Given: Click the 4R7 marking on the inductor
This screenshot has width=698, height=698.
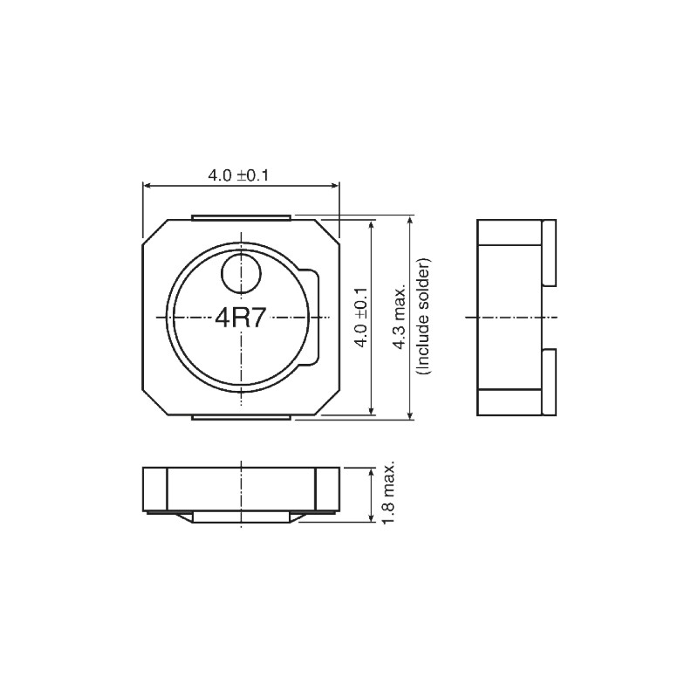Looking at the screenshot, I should coord(241,318).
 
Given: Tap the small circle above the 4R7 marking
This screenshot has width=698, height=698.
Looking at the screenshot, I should coord(241,276).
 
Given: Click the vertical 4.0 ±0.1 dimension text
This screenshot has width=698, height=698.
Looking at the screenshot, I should coord(359,317).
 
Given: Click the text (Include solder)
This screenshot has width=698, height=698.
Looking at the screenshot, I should coord(423,317).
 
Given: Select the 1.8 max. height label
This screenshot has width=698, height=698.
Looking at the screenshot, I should coord(389,494).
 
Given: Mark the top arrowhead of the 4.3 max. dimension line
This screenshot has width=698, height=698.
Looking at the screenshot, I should coord(411,219).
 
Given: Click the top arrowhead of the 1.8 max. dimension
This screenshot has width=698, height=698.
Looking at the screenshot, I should coord(373,472).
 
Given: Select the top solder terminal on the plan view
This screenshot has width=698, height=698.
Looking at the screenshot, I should coord(241,216).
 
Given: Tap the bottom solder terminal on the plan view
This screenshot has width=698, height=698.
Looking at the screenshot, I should coord(241,419).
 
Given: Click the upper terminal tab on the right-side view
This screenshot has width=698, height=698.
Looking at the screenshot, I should coord(549,252).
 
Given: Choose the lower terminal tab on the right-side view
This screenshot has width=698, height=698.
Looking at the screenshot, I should coord(549,381).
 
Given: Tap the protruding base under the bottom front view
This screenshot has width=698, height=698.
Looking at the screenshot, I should coord(241,517).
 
